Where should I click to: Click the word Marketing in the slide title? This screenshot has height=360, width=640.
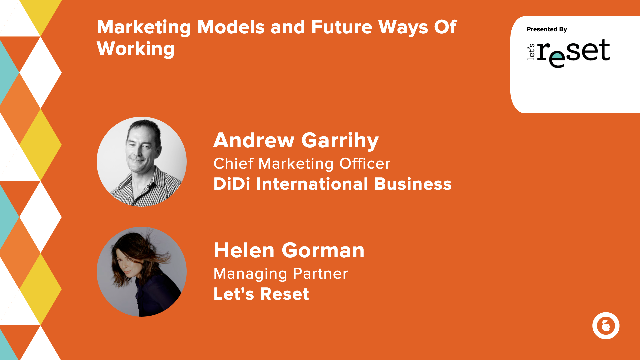(x=144, y=27)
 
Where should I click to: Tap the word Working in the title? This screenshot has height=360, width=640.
(x=135, y=49)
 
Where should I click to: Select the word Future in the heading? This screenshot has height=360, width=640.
(x=341, y=27)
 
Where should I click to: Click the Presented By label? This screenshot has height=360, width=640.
(x=547, y=29)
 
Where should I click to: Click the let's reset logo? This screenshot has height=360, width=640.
(x=568, y=52)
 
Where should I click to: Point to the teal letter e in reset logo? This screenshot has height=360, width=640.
(x=557, y=59)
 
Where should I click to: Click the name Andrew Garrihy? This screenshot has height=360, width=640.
(x=296, y=140)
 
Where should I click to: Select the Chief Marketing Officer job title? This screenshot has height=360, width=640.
(x=302, y=164)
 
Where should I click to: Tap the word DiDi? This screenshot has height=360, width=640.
(x=232, y=184)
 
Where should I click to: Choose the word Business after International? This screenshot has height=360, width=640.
(x=413, y=184)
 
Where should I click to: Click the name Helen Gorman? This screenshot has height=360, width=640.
(x=289, y=250)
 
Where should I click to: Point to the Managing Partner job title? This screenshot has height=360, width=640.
(x=281, y=274)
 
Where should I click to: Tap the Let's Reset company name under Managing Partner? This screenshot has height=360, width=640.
(x=261, y=294)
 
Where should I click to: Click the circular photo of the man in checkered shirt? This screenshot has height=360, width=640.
(x=142, y=162)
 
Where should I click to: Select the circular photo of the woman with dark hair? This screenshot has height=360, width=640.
(x=142, y=272)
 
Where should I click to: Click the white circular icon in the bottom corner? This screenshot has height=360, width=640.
(x=606, y=326)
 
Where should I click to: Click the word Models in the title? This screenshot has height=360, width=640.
(x=231, y=27)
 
